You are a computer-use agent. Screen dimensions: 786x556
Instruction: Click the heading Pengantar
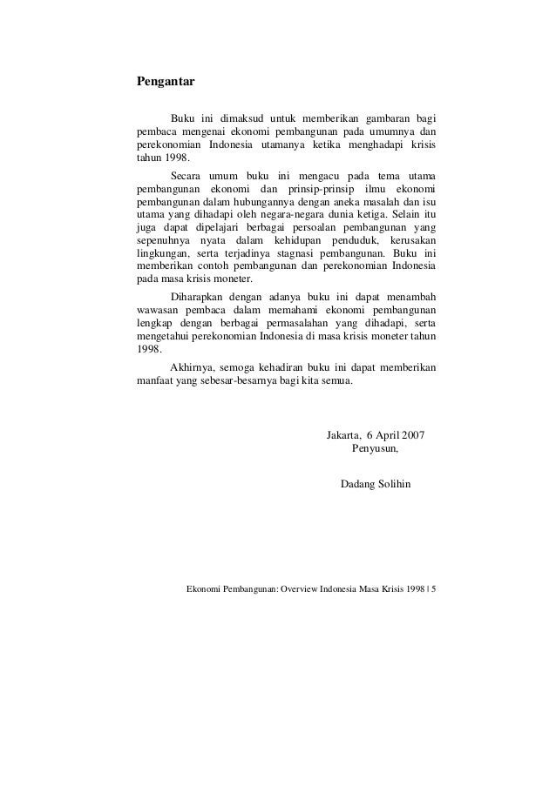(165, 84)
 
